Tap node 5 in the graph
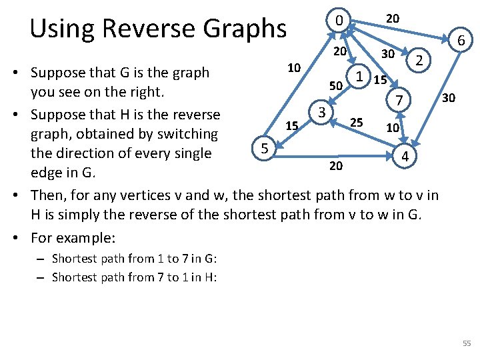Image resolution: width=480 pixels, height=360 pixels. tap(265, 148)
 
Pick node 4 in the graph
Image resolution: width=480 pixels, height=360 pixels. tap(406, 156)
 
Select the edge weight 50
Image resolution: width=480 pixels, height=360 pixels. tap(336, 85)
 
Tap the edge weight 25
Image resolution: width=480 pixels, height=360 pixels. tap(357, 123)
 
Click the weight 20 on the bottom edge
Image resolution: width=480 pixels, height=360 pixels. tap(336, 166)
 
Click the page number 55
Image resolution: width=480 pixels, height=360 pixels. tap(466, 343)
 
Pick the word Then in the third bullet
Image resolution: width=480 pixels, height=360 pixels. tap(48, 195)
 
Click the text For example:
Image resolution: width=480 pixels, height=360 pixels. tap(73, 237)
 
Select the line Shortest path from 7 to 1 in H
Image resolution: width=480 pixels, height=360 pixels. tap(134, 277)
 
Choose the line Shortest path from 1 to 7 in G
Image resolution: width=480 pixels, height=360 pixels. tap(134, 259)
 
